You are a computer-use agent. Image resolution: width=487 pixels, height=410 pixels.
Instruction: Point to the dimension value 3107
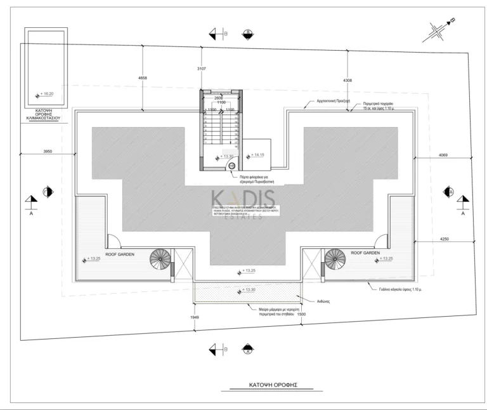[203, 68]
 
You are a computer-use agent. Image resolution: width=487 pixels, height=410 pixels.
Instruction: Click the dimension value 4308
[347, 81]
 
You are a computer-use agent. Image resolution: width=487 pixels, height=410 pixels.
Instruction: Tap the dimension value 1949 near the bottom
[195, 317]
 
